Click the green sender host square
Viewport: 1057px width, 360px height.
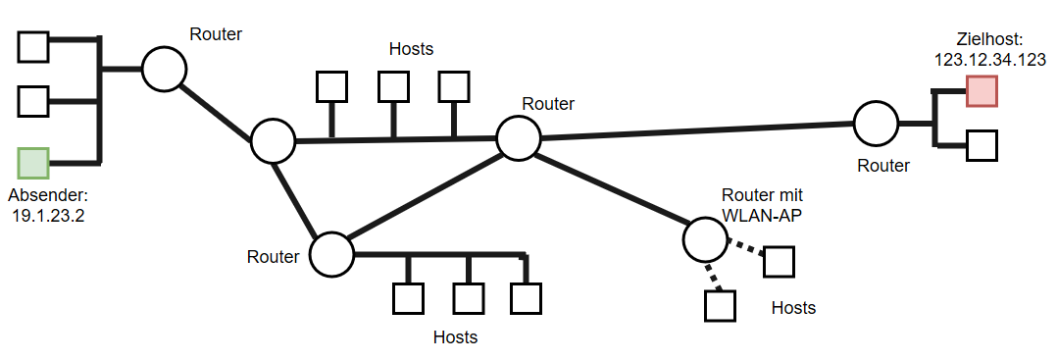click(x=33, y=163)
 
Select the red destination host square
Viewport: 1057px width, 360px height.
click(x=981, y=90)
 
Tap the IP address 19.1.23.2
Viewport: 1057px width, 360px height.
click(x=48, y=216)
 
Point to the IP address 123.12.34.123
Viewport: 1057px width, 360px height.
click(x=990, y=59)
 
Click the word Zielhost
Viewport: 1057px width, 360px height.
click(x=989, y=39)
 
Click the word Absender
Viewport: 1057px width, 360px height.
click(x=48, y=195)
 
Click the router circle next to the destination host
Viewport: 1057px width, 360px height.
click(x=876, y=124)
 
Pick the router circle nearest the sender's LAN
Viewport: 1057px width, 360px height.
click(x=164, y=69)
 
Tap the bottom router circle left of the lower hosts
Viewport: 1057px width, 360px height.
click(x=331, y=254)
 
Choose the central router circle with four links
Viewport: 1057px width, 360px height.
click(x=518, y=137)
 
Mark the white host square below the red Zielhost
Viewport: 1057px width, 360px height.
click(x=981, y=145)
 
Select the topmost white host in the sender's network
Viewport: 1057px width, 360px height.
click(x=34, y=45)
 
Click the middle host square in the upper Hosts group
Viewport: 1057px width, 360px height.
click(x=393, y=87)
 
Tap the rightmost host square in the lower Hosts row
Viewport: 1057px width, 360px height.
click(x=527, y=298)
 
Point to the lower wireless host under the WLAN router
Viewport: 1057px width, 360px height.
click(x=720, y=306)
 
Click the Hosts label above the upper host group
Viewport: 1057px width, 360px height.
click(x=411, y=48)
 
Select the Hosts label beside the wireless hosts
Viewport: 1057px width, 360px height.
click(x=793, y=307)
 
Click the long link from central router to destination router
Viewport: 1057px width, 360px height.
click(x=696, y=130)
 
